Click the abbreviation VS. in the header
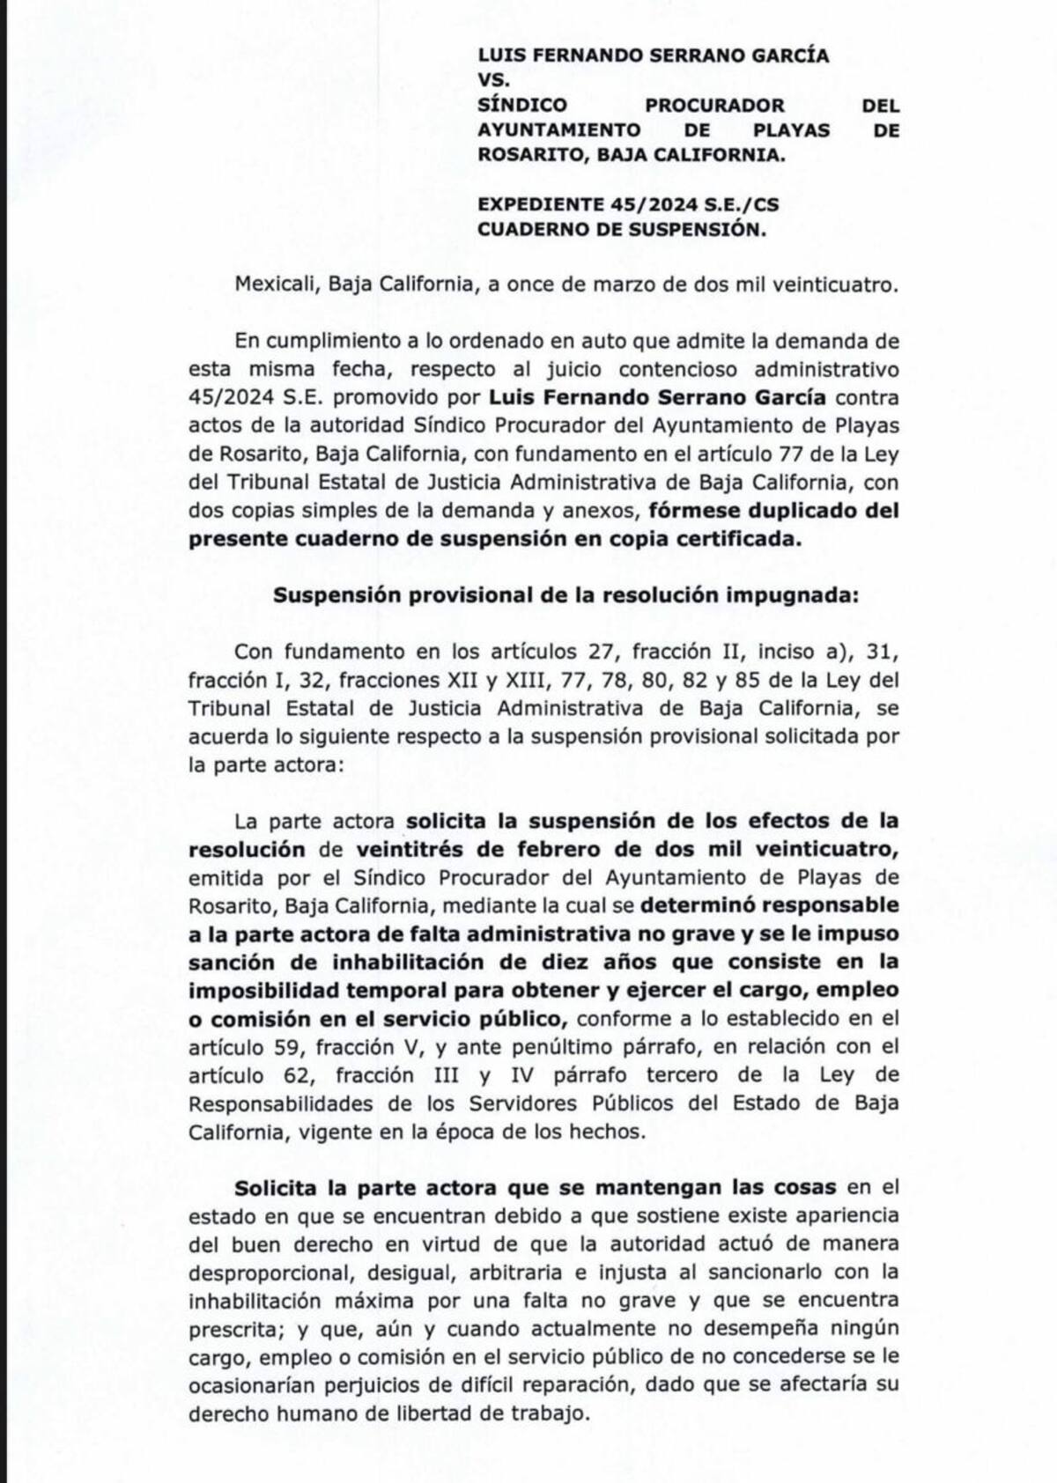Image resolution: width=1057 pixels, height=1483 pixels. [492, 79]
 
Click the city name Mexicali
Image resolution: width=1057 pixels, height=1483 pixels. [269, 284]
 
